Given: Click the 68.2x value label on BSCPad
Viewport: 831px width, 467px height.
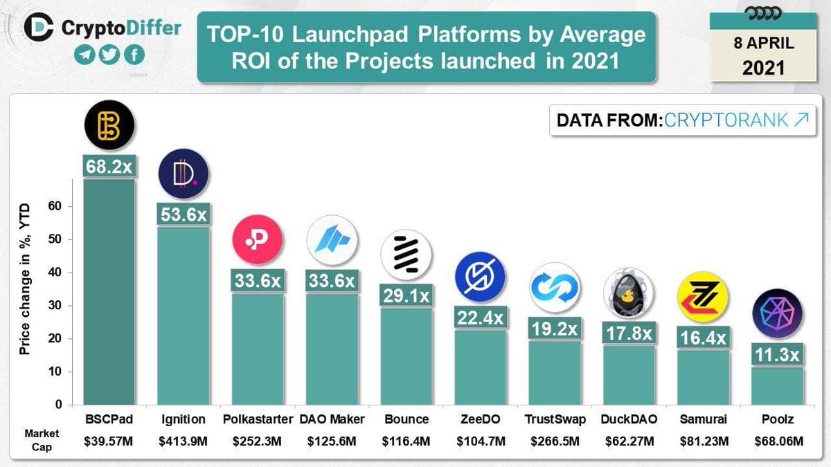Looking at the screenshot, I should (x=109, y=167).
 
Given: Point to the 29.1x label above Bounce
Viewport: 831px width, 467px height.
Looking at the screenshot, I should (x=406, y=295).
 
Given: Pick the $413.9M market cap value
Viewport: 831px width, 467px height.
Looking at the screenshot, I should (x=184, y=440).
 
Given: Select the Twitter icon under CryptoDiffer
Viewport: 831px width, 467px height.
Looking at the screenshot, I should (x=108, y=56).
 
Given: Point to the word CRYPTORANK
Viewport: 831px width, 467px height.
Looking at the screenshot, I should (x=725, y=120).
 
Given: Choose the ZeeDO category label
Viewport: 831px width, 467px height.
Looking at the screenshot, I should (x=480, y=419).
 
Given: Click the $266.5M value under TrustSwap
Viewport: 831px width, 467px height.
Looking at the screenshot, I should (x=553, y=440).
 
